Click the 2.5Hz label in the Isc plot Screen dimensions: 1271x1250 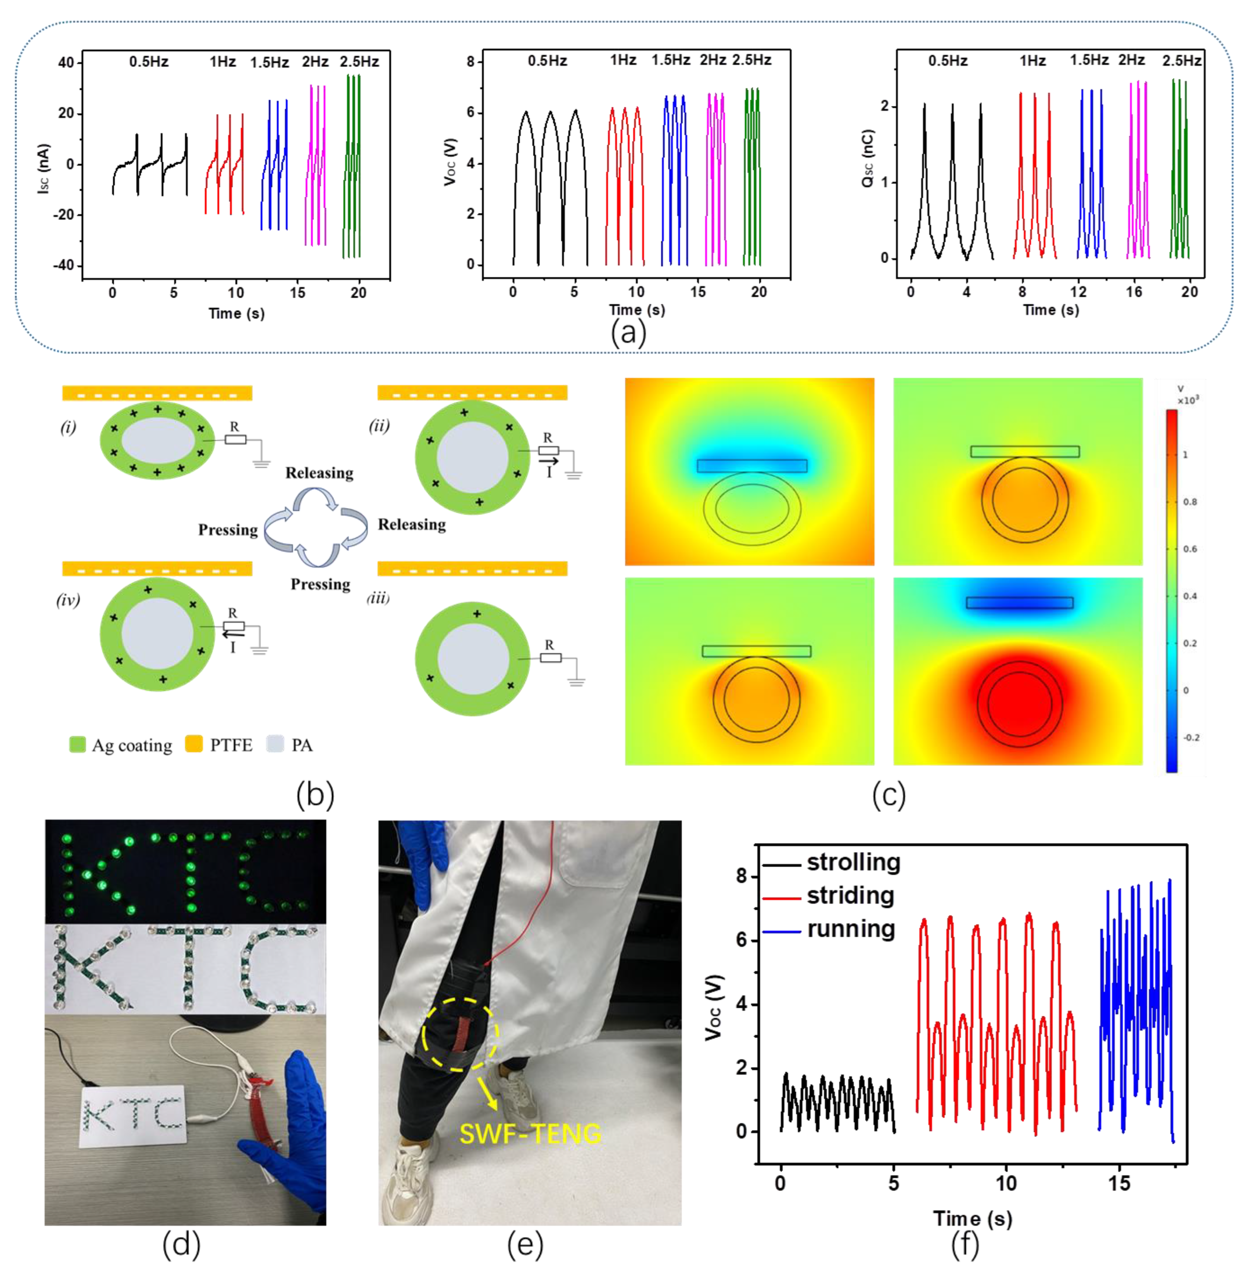(x=359, y=62)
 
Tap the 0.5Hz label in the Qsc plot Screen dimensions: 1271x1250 (x=947, y=61)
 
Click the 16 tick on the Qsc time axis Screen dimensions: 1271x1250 (x=1134, y=291)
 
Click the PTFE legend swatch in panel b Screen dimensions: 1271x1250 (x=194, y=744)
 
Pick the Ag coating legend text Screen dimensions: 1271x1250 (x=131, y=745)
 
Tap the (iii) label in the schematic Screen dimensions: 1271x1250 (x=378, y=598)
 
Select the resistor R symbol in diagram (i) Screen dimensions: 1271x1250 (x=235, y=439)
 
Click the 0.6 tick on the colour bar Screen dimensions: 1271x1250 (x=1190, y=549)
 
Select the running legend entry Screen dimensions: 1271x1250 (x=850, y=929)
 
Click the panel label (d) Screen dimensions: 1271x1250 (x=181, y=1245)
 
